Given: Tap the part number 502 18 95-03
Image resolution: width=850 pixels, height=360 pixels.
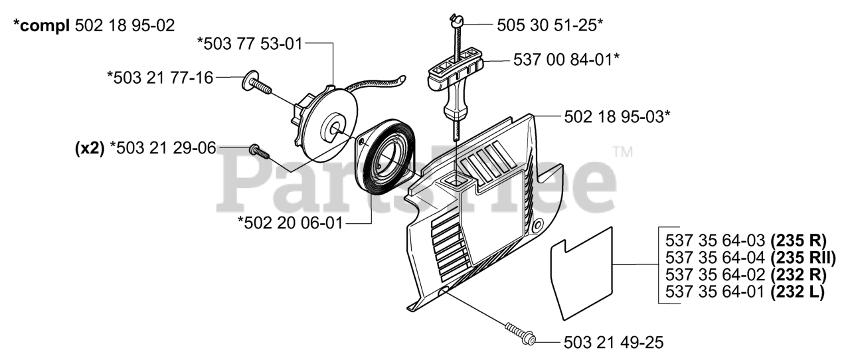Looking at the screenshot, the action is point(616,117).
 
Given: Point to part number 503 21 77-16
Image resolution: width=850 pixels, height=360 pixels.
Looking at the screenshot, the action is point(160,78).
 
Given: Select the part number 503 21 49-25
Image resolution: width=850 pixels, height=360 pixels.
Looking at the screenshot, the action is point(613,342).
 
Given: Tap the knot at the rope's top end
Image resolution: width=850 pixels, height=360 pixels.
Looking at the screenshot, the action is point(455,22).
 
